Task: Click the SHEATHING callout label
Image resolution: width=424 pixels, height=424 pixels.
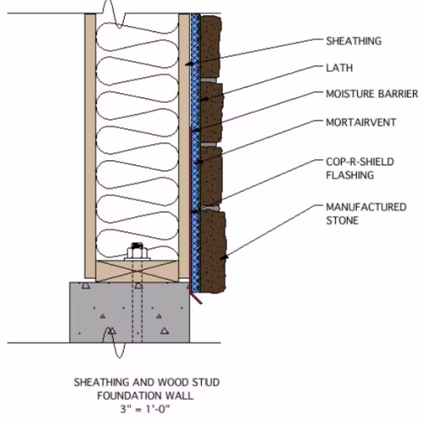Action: (x=354, y=41)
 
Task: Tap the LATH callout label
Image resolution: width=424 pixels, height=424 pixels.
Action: (x=339, y=68)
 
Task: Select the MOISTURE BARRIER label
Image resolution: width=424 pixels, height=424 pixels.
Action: (x=371, y=94)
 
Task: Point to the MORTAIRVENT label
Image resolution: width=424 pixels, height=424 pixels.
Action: (x=361, y=122)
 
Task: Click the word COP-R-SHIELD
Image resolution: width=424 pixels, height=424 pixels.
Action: (x=360, y=162)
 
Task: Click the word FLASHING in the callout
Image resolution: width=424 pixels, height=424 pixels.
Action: (x=350, y=176)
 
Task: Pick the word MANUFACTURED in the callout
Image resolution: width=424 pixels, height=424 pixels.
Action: (x=366, y=207)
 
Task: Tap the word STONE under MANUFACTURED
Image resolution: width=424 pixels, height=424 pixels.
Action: (x=342, y=220)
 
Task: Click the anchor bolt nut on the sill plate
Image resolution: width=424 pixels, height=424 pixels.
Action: (x=137, y=252)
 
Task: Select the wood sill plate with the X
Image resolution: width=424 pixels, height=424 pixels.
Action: (x=137, y=271)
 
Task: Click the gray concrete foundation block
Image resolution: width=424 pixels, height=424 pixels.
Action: (x=130, y=312)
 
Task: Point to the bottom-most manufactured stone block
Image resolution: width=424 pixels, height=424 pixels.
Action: (x=213, y=252)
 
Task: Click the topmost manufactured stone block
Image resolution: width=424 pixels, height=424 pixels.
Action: (x=210, y=47)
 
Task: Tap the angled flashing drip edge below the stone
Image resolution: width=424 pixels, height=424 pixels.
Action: (x=196, y=298)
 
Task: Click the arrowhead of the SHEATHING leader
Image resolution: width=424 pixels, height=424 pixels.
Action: (x=189, y=64)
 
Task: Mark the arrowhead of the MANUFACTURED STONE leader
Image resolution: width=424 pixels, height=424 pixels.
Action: (x=224, y=257)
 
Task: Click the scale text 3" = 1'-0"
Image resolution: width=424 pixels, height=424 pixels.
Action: (x=145, y=409)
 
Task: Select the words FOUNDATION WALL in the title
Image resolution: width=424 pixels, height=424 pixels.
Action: (x=145, y=395)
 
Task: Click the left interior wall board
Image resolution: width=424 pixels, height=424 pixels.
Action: (x=90, y=146)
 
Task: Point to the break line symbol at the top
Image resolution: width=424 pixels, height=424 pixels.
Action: (x=114, y=14)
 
